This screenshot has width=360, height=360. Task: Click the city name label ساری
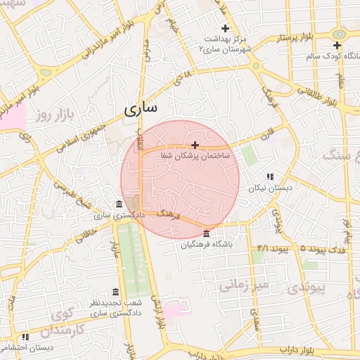tap(142, 108)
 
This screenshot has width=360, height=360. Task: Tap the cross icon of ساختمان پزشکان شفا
tap(195, 144)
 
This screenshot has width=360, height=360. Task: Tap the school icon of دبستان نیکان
tap(269, 177)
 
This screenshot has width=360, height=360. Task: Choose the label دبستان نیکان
tap(269, 188)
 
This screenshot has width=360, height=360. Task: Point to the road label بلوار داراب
tap(295, 349)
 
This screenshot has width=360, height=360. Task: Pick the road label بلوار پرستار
tap(288, 35)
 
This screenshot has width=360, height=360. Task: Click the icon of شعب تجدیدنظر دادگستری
tap(115, 292)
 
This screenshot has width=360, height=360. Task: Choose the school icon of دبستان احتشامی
tap(25, 337)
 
